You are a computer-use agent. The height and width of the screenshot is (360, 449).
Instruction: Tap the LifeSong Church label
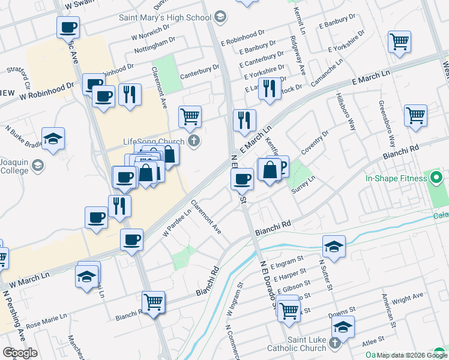pos(154,142)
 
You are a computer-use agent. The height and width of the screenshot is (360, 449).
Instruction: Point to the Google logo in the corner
pos(20,353)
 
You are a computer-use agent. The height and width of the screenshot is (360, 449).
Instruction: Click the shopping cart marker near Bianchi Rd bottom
pos(153,302)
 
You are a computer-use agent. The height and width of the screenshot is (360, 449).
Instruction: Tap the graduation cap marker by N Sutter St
pos(334,246)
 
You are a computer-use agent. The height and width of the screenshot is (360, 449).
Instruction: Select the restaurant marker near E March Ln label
pos(244,120)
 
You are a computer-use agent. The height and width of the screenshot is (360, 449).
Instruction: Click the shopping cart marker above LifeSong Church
pos(190,115)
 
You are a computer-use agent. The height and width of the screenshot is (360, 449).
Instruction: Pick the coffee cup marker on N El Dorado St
pos(243,178)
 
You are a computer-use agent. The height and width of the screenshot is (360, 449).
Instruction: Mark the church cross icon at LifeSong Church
pos(193,142)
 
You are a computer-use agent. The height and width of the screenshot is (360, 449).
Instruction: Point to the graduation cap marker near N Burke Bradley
pos(53,138)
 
